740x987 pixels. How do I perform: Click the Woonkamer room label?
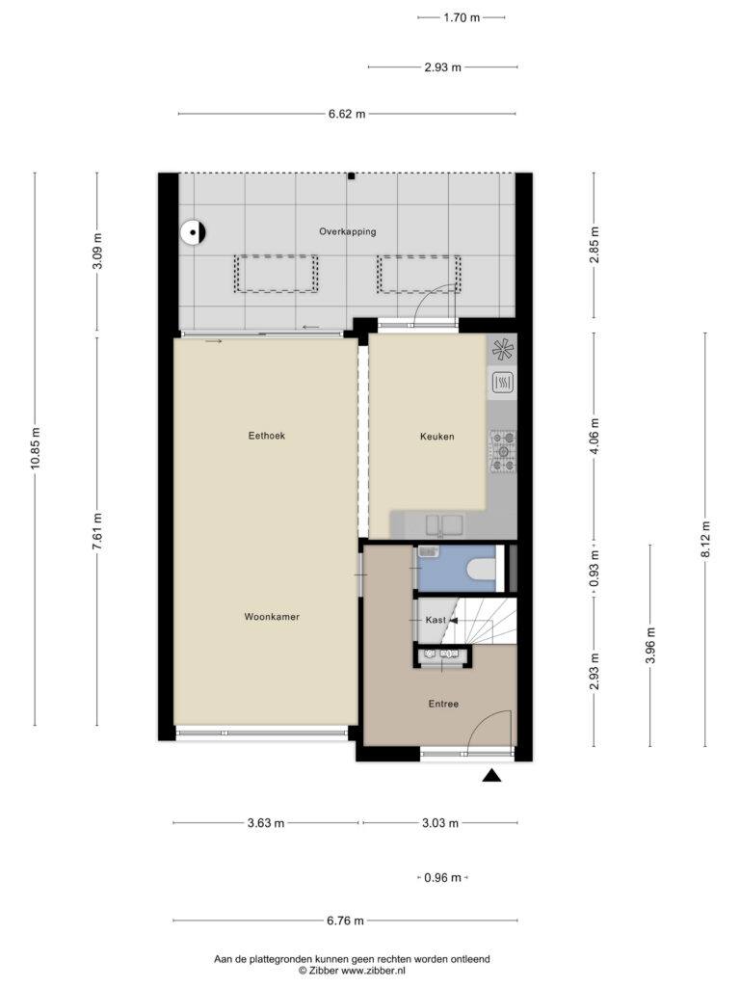coord(272,617)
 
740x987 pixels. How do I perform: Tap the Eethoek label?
coord(267,436)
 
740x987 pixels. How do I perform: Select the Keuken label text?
coord(437,437)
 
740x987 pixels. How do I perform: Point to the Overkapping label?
coord(347,231)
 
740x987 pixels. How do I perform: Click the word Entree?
coord(443,704)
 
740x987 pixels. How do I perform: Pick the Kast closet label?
coord(436,620)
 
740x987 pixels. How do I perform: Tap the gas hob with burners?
coord(503,451)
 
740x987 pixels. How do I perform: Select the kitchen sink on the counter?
coord(444,524)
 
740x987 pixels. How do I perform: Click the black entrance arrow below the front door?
coord(492,776)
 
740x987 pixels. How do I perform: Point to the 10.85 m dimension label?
coord(36,447)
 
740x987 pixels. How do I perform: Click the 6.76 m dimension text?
coord(345,920)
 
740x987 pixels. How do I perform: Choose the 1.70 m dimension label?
coord(462,17)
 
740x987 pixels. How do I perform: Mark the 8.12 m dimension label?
coord(705,540)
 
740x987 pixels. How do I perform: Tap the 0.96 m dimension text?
coord(442,877)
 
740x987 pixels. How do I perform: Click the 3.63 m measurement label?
coord(266,823)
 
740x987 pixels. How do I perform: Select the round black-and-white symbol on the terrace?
coord(193,233)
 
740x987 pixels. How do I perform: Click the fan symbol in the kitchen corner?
coord(503,350)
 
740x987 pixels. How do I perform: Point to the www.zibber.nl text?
coord(370,971)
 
